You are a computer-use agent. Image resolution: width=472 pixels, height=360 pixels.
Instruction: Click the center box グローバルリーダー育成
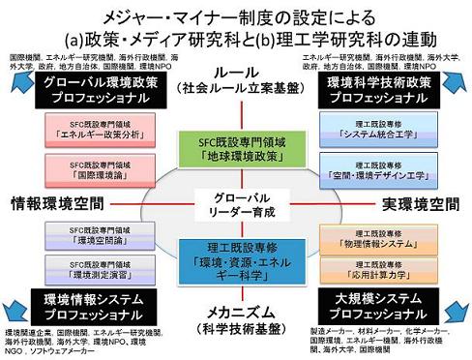click(235, 205)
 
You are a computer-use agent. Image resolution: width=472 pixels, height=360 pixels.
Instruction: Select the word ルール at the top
click(236, 74)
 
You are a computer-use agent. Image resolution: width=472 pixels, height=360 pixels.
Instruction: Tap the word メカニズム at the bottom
click(236, 312)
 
